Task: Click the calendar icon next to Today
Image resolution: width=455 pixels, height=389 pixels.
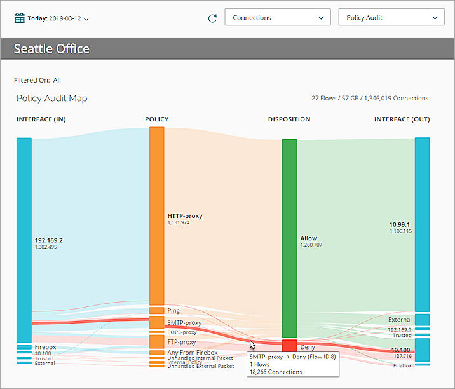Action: click(20, 18)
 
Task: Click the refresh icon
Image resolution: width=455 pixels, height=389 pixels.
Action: click(212, 18)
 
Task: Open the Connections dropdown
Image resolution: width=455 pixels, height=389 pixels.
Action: click(277, 17)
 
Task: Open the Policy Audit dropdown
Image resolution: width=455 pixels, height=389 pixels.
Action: click(391, 17)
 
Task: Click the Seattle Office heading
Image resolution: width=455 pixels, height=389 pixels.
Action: click(51, 49)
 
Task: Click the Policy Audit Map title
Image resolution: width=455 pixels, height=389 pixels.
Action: click(51, 99)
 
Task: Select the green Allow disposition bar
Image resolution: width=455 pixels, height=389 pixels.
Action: click(289, 238)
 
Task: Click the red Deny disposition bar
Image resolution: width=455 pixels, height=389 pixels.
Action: click(289, 346)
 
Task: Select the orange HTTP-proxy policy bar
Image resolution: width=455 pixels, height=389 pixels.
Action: click(156, 215)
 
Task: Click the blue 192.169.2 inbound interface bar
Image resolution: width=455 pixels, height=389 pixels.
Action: click(24, 240)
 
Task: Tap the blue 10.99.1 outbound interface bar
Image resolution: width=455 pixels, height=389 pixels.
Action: click(422, 224)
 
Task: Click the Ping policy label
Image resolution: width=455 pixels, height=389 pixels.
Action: click(173, 311)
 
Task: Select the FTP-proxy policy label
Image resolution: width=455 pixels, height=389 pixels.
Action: click(182, 342)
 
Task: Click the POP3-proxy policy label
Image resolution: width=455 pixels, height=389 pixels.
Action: click(182, 332)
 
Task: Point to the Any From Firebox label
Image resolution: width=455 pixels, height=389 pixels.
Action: click(192, 352)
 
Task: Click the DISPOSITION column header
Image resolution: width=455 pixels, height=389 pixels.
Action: click(289, 119)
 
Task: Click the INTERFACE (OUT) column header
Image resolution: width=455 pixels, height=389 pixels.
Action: click(402, 119)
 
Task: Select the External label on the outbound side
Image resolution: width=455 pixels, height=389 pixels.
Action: click(400, 320)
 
